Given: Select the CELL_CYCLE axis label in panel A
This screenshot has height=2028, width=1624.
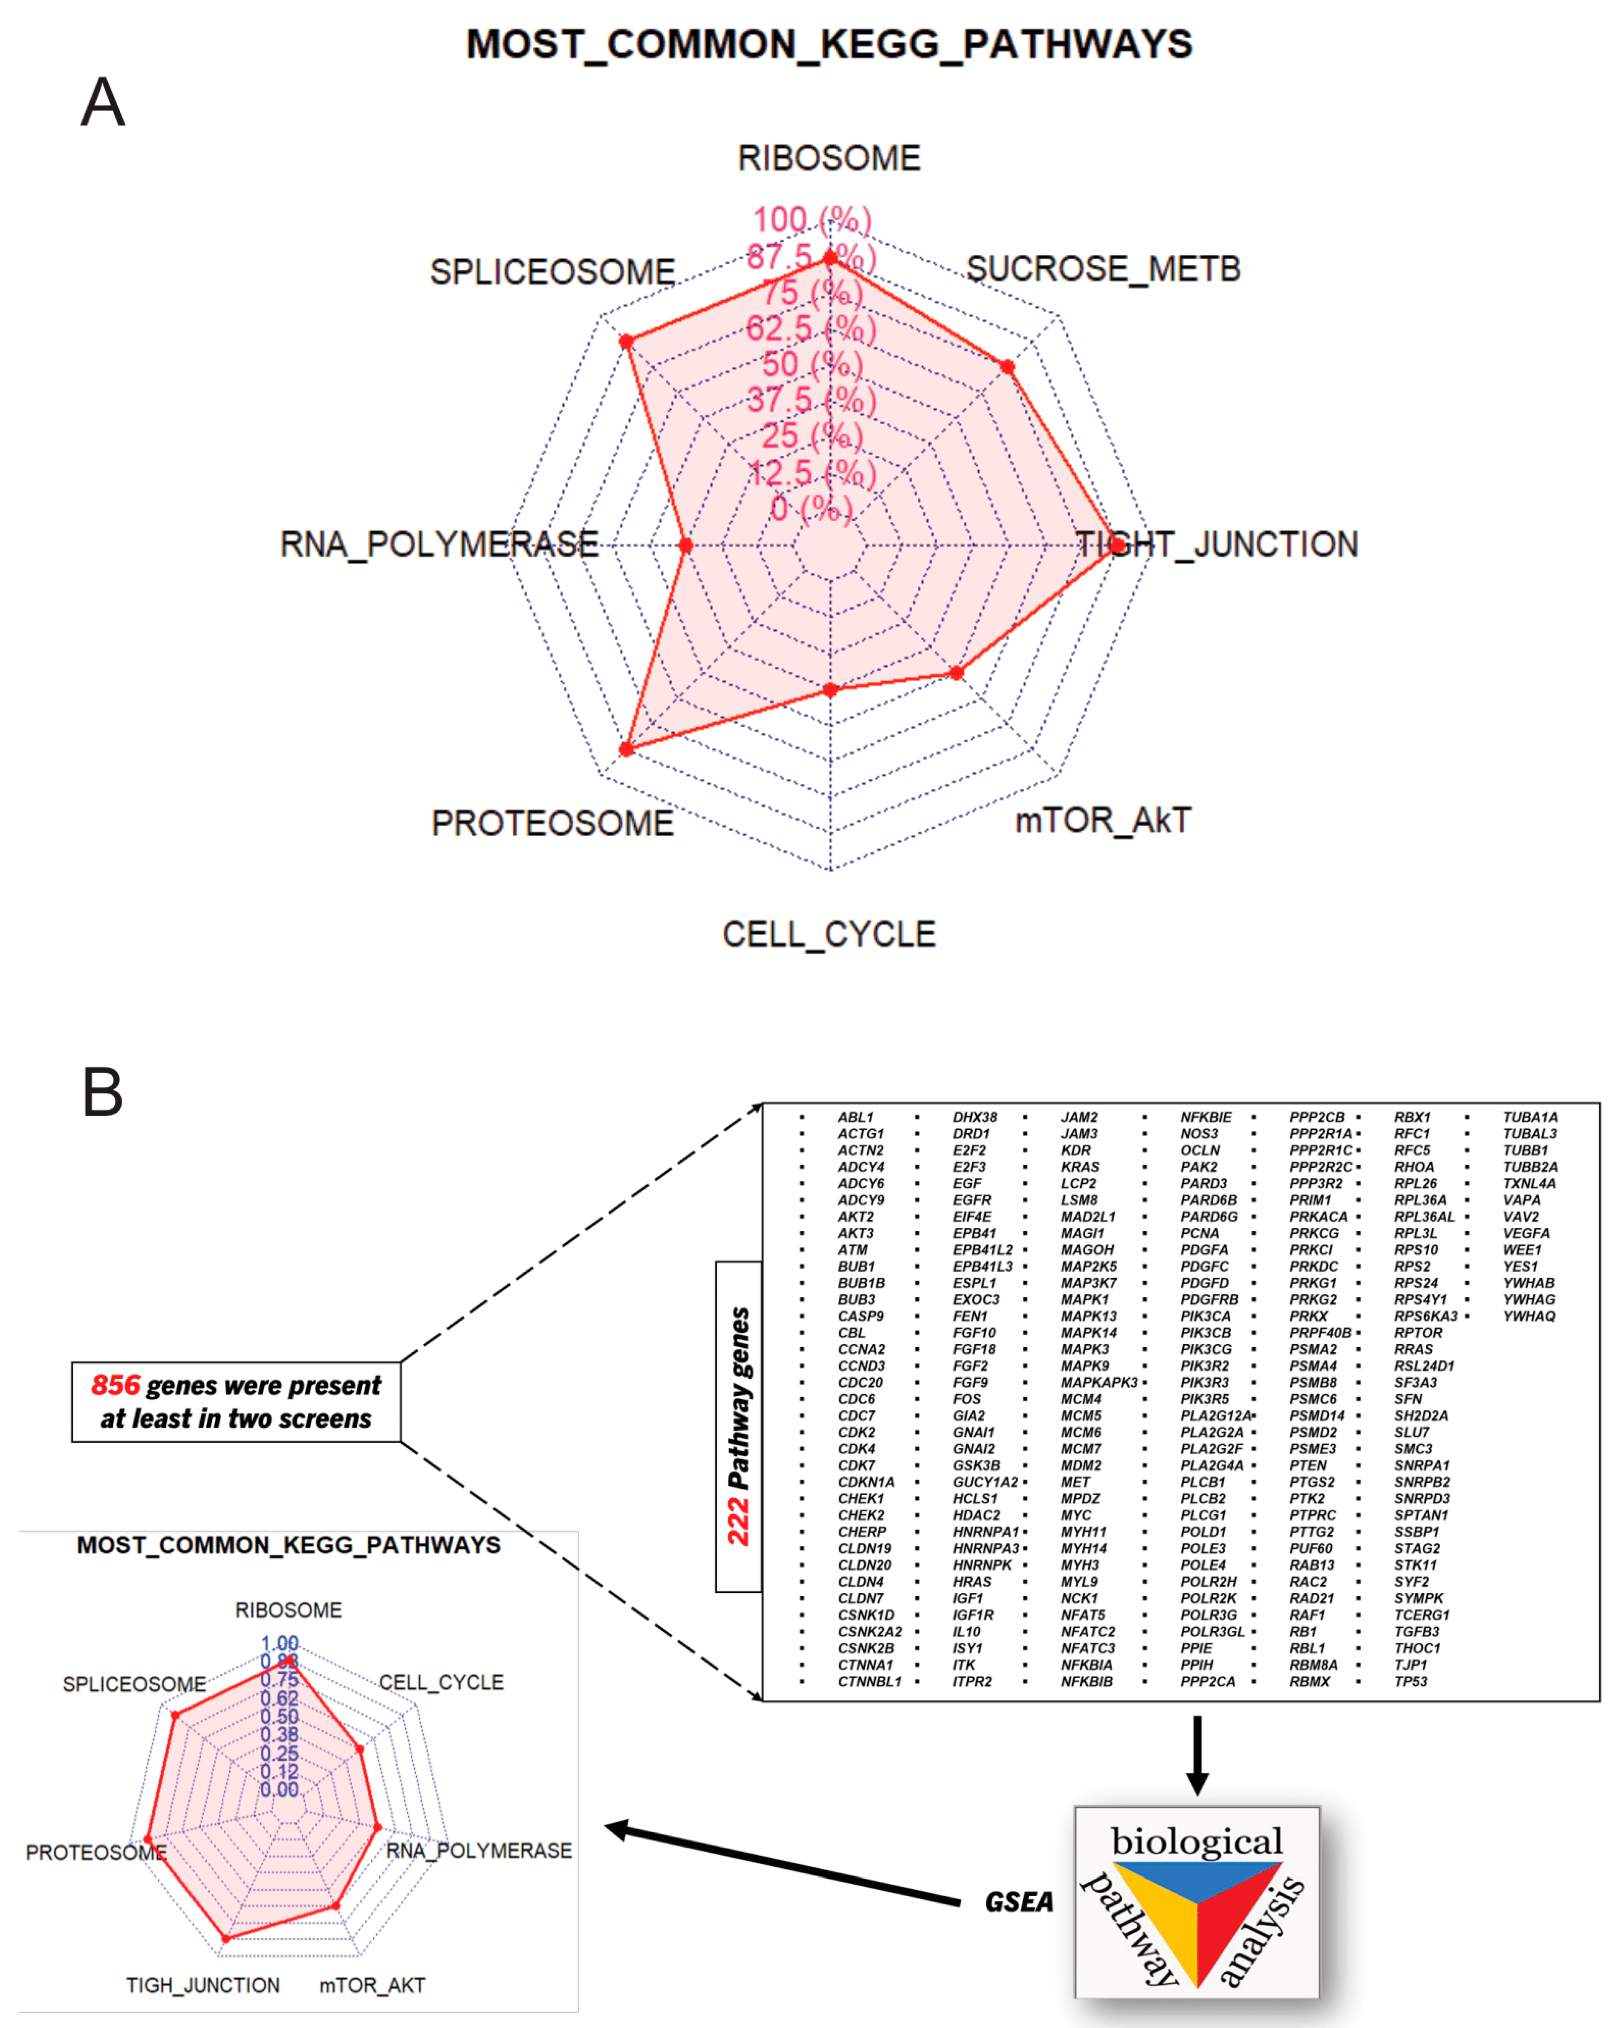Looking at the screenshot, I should [829, 934].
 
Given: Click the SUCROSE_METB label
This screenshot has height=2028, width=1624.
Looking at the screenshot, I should [1103, 269].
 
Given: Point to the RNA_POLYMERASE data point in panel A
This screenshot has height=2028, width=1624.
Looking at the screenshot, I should [685, 545].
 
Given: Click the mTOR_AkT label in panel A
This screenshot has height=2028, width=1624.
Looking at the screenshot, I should [1102, 820].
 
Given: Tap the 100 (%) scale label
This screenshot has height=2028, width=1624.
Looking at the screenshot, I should [812, 220].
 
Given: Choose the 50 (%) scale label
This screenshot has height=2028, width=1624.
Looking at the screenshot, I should [812, 364].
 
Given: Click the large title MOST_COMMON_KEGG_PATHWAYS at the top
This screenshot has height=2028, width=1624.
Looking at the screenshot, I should [829, 44].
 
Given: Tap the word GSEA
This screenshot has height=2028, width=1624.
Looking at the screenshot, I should [1018, 1902].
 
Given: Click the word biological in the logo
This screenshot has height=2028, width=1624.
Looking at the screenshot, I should [1196, 1841].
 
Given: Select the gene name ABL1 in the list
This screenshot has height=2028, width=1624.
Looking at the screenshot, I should [855, 1117].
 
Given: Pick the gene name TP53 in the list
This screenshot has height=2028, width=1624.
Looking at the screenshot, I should [1410, 1681].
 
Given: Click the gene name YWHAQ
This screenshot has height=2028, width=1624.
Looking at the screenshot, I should [1528, 1316].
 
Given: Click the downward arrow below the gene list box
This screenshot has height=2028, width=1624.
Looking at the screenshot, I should [1196, 1754].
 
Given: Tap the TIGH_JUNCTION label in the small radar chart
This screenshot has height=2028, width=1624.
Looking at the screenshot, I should [203, 1985].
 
